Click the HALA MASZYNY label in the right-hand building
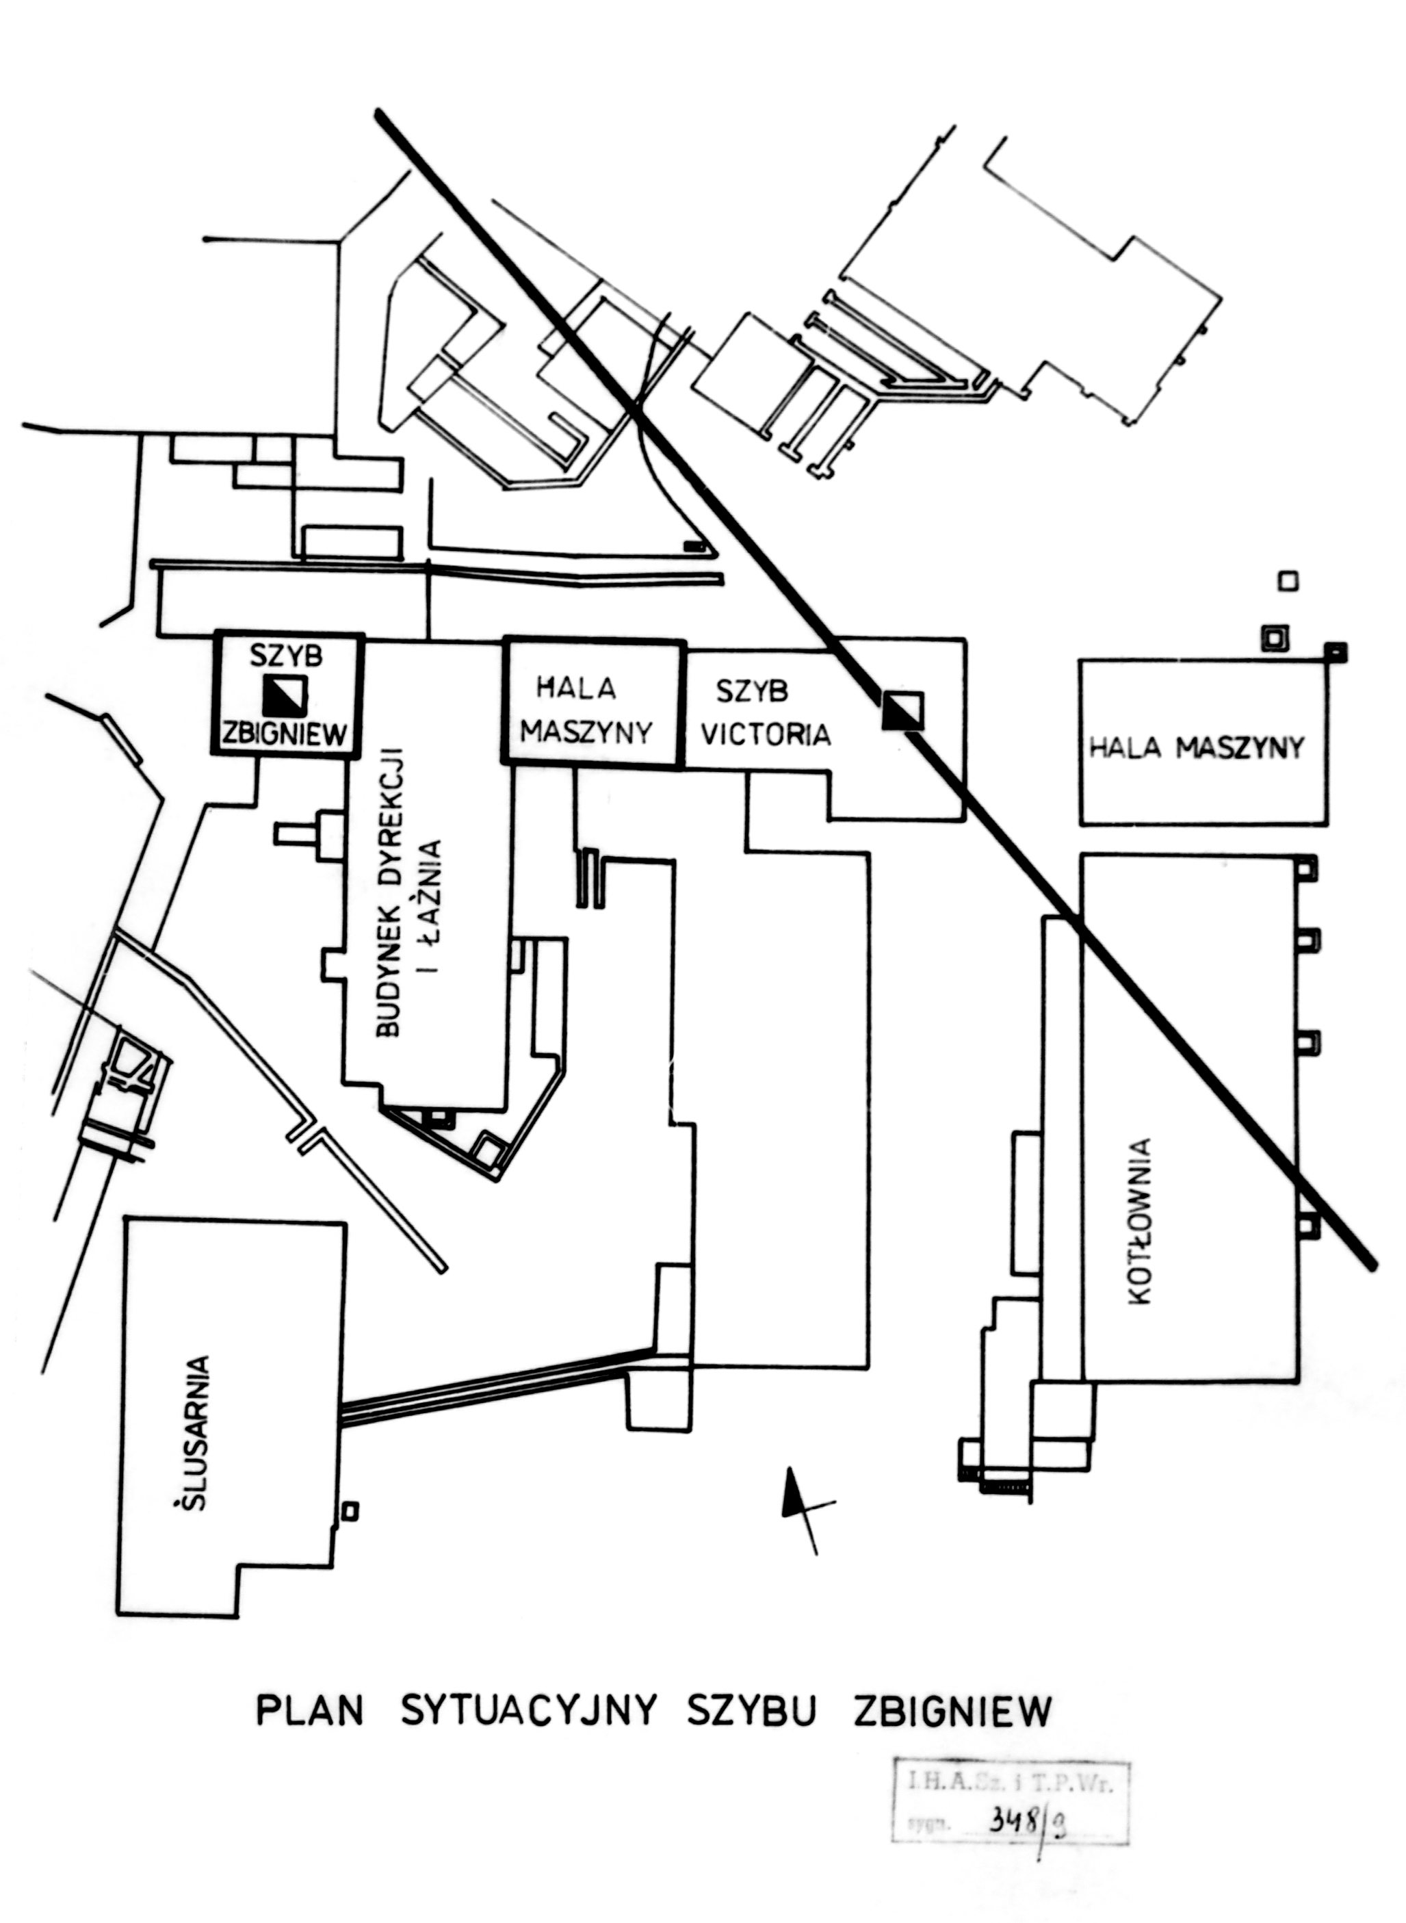coord(1197,748)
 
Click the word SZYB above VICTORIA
coord(751,691)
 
